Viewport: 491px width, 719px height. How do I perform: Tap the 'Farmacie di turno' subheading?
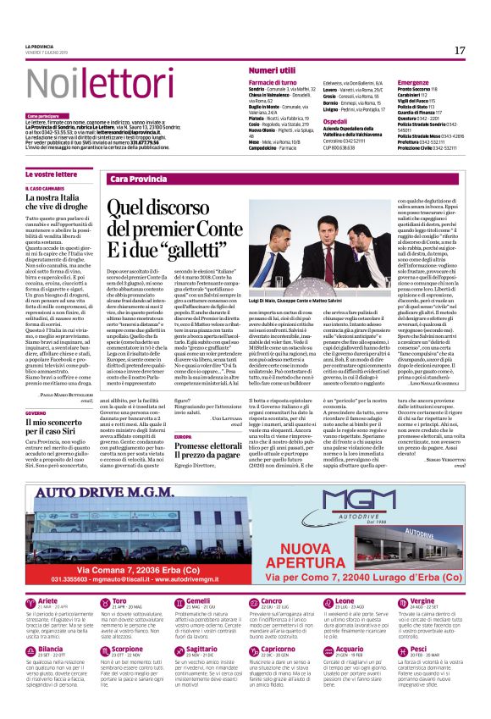(273, 81)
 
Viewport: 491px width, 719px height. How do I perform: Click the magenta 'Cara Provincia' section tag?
(138, 180)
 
